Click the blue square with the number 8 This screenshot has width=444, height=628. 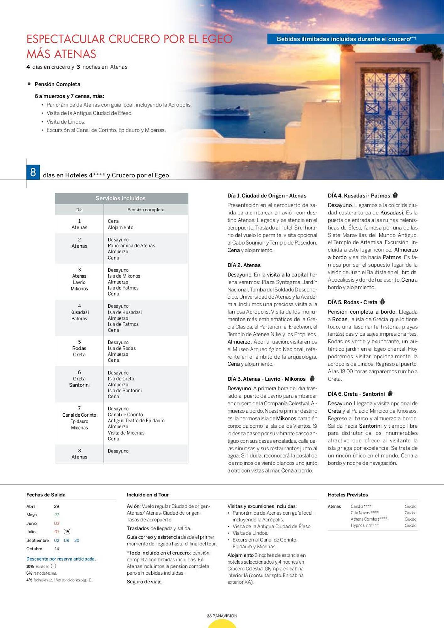[33, 172]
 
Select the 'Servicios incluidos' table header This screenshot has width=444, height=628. [121, 198]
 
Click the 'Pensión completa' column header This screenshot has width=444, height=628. [146, 210]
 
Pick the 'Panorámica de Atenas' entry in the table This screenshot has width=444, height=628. [131, 246]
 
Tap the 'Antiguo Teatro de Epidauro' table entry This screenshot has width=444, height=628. [136, 420]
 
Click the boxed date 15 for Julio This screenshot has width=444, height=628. [67, 532]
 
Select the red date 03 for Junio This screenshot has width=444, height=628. [57, 523]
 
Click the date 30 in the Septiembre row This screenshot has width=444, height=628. [77, 540]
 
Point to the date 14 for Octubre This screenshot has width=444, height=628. [57, 549]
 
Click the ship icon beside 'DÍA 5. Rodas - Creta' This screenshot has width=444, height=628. [382, 302]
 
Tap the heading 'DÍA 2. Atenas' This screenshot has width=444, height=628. [244, 265]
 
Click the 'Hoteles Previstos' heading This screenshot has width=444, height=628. [348, 495]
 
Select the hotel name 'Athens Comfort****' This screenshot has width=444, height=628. [369, 519]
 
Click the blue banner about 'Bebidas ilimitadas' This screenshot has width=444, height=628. [346, 39]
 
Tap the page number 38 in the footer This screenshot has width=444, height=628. [209, 616]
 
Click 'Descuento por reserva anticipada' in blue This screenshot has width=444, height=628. [61, 559]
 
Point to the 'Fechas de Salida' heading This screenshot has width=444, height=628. [46, 495]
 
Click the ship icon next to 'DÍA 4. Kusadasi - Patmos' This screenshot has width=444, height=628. [395, 195]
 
